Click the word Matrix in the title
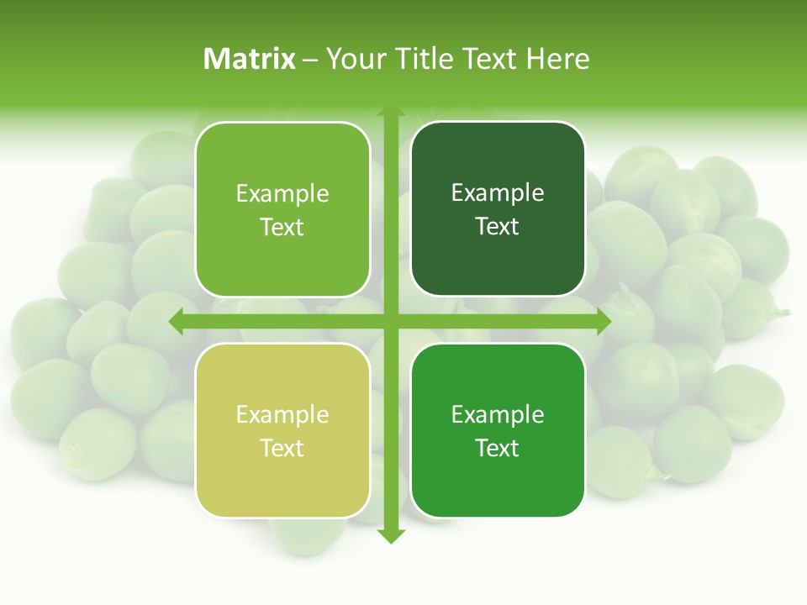[x=250, y=59]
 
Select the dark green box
[x=498, y=209]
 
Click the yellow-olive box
[x=282, y=431]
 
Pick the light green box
[x=282, y=210]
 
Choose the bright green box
[x=498, y=431]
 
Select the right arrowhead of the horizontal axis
[x=604, y=321]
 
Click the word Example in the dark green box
[x=498, y=192]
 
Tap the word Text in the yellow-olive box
[x=282, y=448]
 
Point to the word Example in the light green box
[x=282, y=193]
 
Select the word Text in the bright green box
[x=498, y=448]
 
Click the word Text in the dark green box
[x=498, y=226]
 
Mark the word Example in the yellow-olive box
[x=282, y=414]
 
